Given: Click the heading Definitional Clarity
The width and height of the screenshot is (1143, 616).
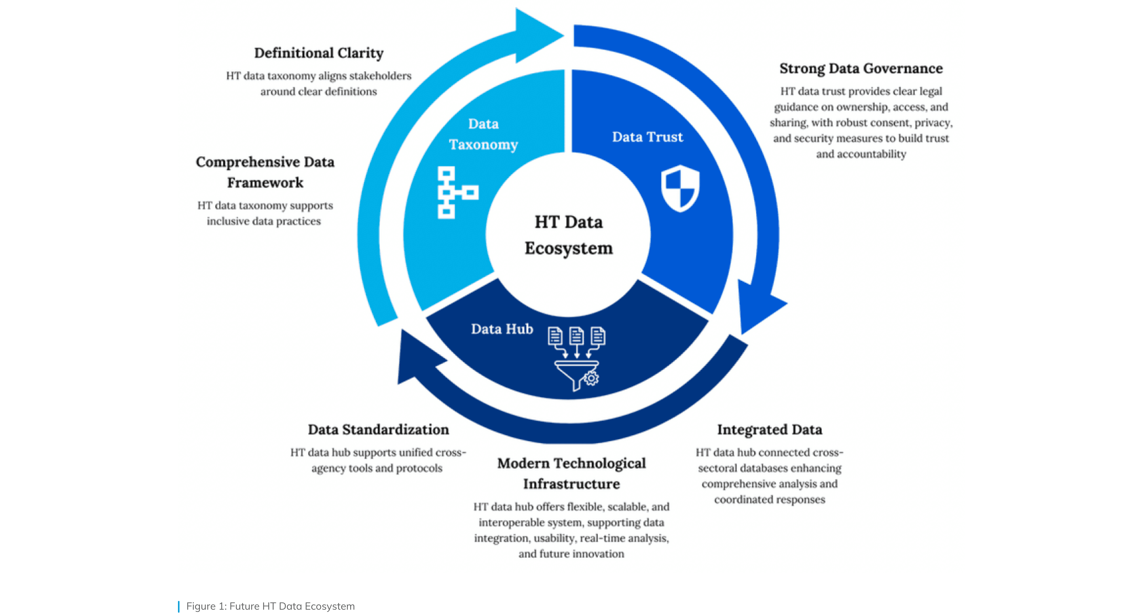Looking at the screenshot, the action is coord(319,53).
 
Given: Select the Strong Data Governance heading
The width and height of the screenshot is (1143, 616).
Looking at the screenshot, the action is coord(861,68).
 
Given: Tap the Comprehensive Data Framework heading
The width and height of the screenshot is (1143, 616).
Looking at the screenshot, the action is coord(265,172).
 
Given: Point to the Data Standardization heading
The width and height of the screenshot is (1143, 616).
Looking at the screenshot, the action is coord(378,429).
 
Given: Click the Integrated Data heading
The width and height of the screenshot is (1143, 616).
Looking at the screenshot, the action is coord(769,429).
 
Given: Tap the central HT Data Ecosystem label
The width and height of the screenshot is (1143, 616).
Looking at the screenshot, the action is coord(568,234).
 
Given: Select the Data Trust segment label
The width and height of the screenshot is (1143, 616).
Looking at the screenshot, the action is coord(647,137).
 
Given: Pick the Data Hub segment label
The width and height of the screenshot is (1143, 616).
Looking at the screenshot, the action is coord(502,329).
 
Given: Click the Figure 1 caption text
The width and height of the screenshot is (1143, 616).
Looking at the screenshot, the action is coord(270,606).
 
